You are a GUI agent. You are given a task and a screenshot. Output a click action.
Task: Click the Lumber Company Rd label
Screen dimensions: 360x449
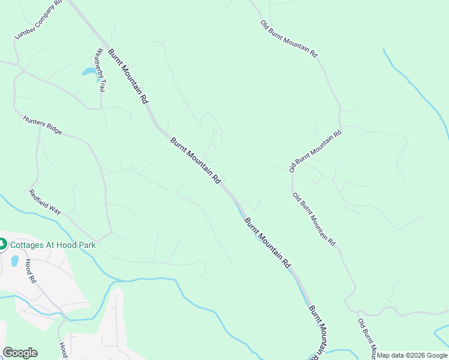tap(38, 20)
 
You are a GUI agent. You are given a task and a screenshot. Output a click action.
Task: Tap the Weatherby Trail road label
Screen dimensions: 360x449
tap(98, 70)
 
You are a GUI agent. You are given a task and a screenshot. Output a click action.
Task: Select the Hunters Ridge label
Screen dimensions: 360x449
tap(43, 125)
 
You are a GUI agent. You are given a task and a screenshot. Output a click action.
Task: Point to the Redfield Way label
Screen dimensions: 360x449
tap(45, 202)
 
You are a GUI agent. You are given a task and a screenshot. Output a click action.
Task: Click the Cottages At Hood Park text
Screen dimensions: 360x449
tap(52, 245)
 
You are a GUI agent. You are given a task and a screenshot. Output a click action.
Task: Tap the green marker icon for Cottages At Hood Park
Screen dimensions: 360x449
tap(2, 244)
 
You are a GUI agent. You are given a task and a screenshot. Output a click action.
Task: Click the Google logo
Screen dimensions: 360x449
tap(20, 353)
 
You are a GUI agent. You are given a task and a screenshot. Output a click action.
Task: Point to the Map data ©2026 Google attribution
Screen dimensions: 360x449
tap(412, 355)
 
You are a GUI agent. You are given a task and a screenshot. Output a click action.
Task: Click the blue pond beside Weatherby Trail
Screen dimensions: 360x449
tap(89, 72)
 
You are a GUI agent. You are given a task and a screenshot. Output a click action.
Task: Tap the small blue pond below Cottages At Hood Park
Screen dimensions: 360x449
tap(14, 260)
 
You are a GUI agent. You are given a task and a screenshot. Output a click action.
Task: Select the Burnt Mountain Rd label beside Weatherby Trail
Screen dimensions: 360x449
tap(127, 76)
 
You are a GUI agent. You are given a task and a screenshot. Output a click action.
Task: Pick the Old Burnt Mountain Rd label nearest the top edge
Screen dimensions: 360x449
tap(288, 38)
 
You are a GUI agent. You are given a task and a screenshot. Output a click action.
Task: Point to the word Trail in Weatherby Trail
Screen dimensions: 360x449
tap(101, 85)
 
